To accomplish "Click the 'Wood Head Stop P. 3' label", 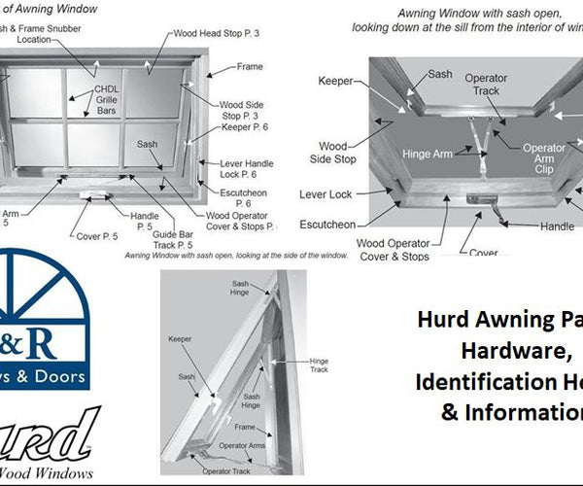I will click(x=217, y=33).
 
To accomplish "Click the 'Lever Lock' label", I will click(x=326, y=194).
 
